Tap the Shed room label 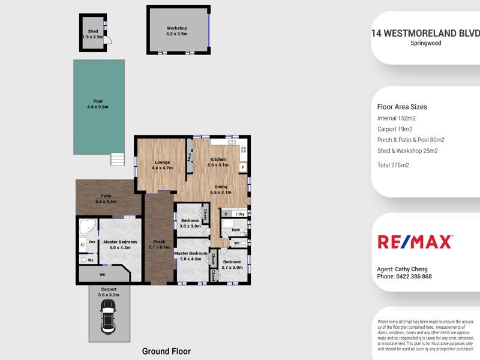coord(93,34)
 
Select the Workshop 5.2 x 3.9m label coord(177,31)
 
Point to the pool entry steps coord(118,160)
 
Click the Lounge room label coord(163,165)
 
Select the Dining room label coord(221,189)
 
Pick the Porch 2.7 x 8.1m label coord(158,244)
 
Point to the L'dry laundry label coord(239,214)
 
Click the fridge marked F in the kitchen coord(242,169)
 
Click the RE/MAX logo coord(415,242)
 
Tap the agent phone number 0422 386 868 coord(413,277)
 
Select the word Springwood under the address coord(426,43)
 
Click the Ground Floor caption coord(166,351)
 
